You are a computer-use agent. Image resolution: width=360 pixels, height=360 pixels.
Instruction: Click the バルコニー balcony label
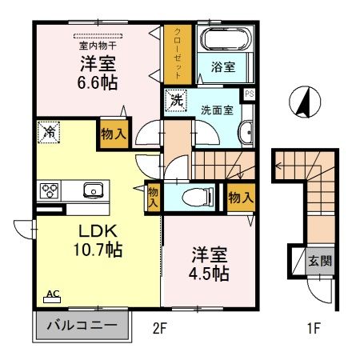point(81,326)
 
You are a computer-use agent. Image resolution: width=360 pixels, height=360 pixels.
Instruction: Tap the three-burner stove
point(50,190)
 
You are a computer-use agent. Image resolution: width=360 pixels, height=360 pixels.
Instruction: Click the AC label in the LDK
point(51,294)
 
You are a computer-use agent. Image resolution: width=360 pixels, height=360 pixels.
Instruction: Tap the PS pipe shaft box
point(250,94)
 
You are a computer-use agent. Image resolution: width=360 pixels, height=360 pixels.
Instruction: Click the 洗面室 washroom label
point(216,110)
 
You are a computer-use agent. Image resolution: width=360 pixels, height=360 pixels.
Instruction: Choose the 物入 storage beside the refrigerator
point(112,134)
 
